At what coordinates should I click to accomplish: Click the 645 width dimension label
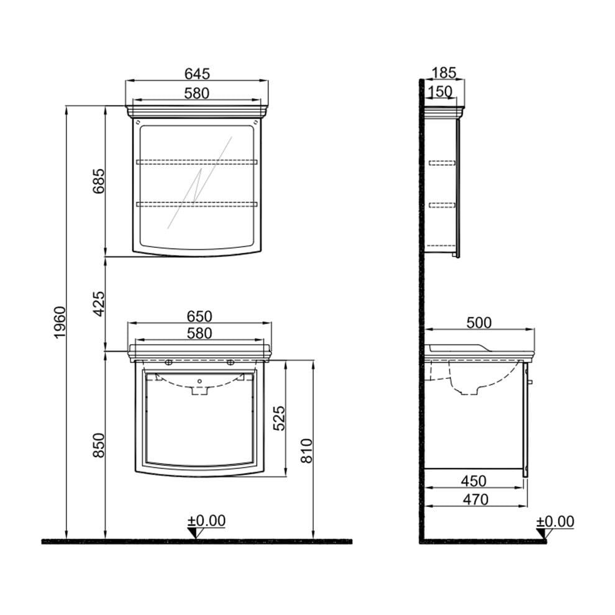point(197,73)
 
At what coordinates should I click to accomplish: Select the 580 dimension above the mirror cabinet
point(197,93)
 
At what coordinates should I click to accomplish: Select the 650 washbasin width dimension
point(199,316)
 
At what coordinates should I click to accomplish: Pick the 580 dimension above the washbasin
point(199,334)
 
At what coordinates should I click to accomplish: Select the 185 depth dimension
point(444,73)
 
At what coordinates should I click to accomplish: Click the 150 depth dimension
point(440,92)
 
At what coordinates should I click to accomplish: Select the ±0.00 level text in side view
point(555,521)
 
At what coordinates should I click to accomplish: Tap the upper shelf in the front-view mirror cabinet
point(197,162)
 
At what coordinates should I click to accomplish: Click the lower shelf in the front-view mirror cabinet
point(197,203)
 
